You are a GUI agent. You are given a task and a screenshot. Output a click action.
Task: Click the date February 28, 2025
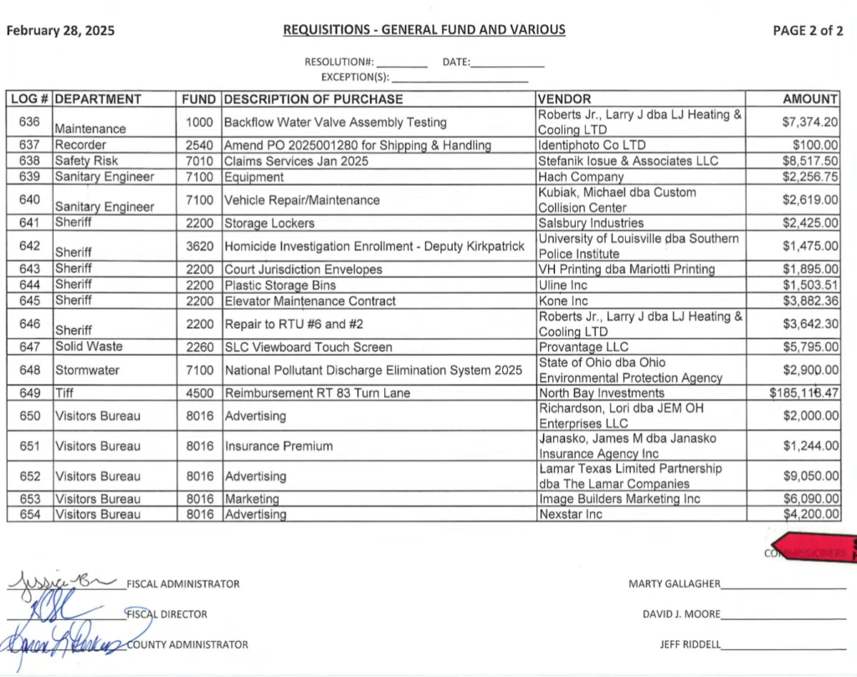click(60, 32)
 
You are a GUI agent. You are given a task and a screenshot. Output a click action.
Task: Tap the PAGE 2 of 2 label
click(808, 31)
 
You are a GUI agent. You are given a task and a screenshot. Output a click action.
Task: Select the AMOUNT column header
click(809, 99)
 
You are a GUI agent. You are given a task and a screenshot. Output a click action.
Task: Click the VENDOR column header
click(564, 99)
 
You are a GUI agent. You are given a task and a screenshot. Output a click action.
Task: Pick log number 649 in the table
click(29, 393)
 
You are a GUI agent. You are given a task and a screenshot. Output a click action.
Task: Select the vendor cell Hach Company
click(581, 177)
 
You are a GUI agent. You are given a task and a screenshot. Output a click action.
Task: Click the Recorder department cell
click(80, 145)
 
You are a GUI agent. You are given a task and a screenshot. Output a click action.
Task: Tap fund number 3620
click(200, 246)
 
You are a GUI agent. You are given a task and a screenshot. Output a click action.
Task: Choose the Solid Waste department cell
click(89, 346)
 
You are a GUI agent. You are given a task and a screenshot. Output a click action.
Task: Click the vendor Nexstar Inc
click(570, 514)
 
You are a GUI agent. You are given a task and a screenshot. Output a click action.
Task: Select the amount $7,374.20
click(809, 122)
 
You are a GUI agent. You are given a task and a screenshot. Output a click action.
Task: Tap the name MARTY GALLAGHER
click(673, 583)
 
